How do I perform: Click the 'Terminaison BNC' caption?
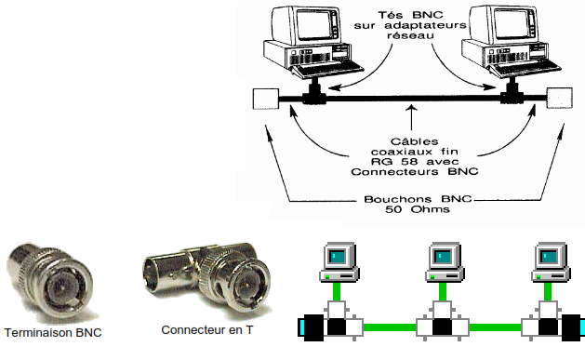pyautogui.click(x=53, y=332)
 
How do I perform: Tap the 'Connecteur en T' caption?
pyautogui.click(x=207, y=330)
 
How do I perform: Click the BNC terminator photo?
pyautogui.click(x=51, y=283)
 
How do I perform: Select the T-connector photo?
pyautogui.click(x=207, y=279)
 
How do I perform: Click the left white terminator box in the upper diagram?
pyautogui.click(x=266, y=99)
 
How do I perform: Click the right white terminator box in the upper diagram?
pyautogui.click(x=559, y=98)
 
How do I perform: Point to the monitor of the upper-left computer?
pyautogui.click(x=307, y=24)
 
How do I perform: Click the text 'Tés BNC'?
pyautogui.click(x=411, y=15)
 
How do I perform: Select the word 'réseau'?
pyautogui.click(x=410, y=35)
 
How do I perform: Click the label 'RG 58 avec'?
pyautogui.click(x=415, y=162)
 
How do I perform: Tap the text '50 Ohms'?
pyautogui.click(x=417, y=209)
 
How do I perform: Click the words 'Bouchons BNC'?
pyautogui.click(x=418, y=199)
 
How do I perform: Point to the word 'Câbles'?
pyautogui.click(x=414, y=141)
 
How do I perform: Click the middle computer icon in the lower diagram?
pyautogui.click(x=445, y=261)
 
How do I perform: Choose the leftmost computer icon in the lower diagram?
pyautogui.click(x=339, y=261)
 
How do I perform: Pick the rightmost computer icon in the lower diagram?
pyautogui.click(x=551, y=261)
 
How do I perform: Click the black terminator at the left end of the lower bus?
pyautogui.click(x=313, y=327)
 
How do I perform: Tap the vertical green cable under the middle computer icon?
pyautogui.click(x=443, y=291)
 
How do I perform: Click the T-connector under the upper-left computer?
pyautogui.click(x=314, y=95)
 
